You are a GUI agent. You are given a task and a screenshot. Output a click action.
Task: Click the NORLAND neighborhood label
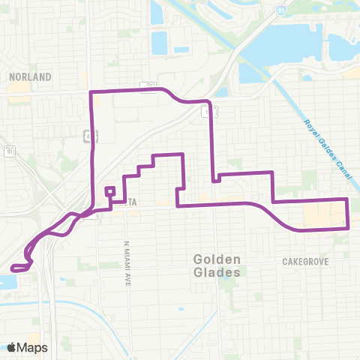point(31,76)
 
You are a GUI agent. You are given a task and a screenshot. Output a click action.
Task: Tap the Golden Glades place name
point(216,265)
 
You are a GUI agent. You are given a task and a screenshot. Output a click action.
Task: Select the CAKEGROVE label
point(306,262)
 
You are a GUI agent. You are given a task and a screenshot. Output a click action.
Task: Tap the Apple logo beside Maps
point(12,346)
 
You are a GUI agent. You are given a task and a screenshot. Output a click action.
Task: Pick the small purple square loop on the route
point(109,192)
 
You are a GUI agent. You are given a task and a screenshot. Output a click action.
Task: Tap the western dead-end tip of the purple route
point(12,268)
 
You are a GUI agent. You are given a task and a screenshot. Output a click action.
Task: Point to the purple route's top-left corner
point(91,91)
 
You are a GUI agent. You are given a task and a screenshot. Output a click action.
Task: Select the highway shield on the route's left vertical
point(90,136)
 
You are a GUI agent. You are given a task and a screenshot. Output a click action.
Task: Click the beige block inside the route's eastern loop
point(322,216)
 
